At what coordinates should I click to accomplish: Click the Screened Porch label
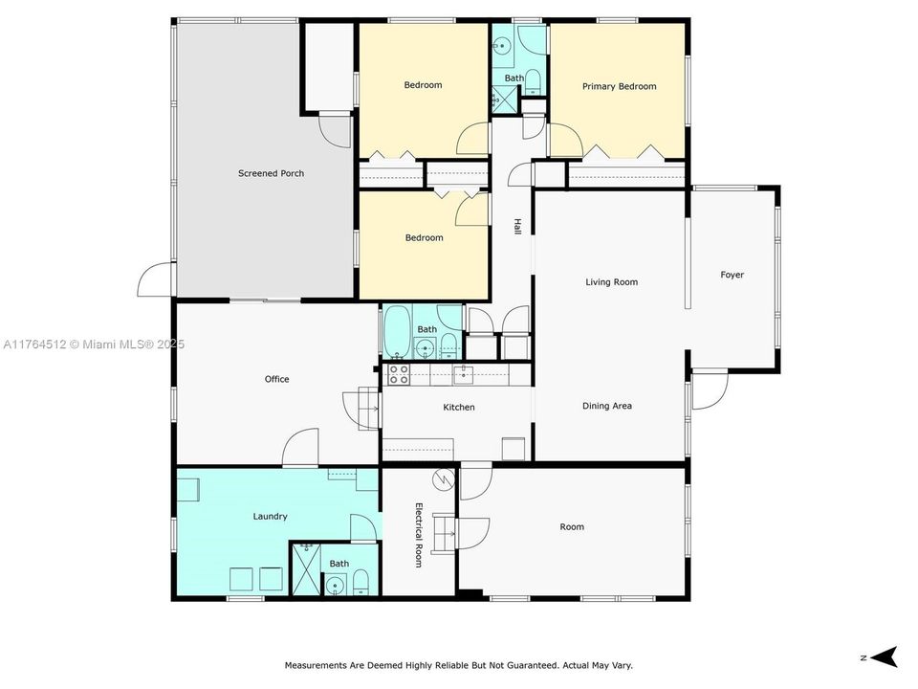coord(271,173)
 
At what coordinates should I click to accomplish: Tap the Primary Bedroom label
coord(619,86)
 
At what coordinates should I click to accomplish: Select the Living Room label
coord(611,282)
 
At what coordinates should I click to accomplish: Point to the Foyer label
coord(732,275)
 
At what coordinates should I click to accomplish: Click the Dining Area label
coord(607,406)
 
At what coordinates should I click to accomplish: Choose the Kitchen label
coord(458,408)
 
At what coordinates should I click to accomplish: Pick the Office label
coord(276,379)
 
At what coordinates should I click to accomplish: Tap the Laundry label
coord(270,517)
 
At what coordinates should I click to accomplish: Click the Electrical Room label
coord(419,535)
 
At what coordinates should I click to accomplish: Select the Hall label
coord(517,226)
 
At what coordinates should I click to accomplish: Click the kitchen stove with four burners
coord(398,374)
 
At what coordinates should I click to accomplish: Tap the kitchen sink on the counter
coord(463,373)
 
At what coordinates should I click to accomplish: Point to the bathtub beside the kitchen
coord(396,330)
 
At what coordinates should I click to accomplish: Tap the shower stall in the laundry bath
coord(304,569)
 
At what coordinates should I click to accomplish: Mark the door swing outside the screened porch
coord(156,279)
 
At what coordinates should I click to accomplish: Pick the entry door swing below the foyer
coord(709,390)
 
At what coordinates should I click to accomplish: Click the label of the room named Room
coord(572,526)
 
